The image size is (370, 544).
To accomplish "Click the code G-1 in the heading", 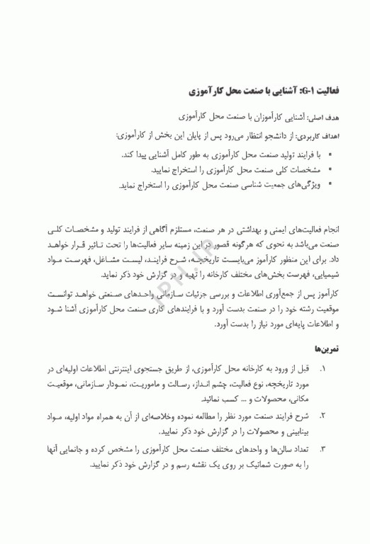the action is [x=311, y=92].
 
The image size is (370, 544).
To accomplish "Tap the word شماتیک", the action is [x=241, y=465].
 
